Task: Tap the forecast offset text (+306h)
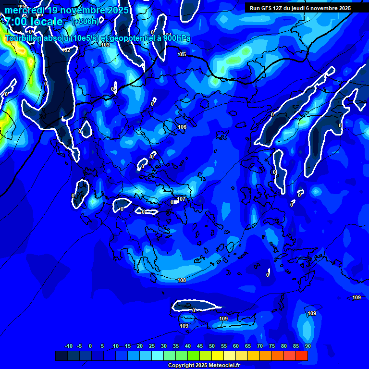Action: coord(86,22)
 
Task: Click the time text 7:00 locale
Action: coord(34,22)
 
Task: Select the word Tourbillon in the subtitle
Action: coord(25,38)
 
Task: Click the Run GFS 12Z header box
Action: coord(300,8)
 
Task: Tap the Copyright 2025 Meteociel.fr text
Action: coord(203,366)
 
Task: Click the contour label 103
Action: coord(105,45)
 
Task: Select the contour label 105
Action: coord(182,55)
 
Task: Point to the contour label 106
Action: coord(182,127)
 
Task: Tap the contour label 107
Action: coord(181,199)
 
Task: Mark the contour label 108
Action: coord(182,280)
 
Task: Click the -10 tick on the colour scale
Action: coord(69,346)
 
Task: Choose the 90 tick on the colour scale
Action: coord(307,346)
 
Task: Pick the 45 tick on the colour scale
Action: coord(200,346)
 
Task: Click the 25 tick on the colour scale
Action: coord(152,346)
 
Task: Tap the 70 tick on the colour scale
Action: coord(260,346)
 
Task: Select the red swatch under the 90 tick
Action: coord(302,356)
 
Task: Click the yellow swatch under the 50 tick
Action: coord(218,356)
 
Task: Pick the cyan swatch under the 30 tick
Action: coord(158,356)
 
